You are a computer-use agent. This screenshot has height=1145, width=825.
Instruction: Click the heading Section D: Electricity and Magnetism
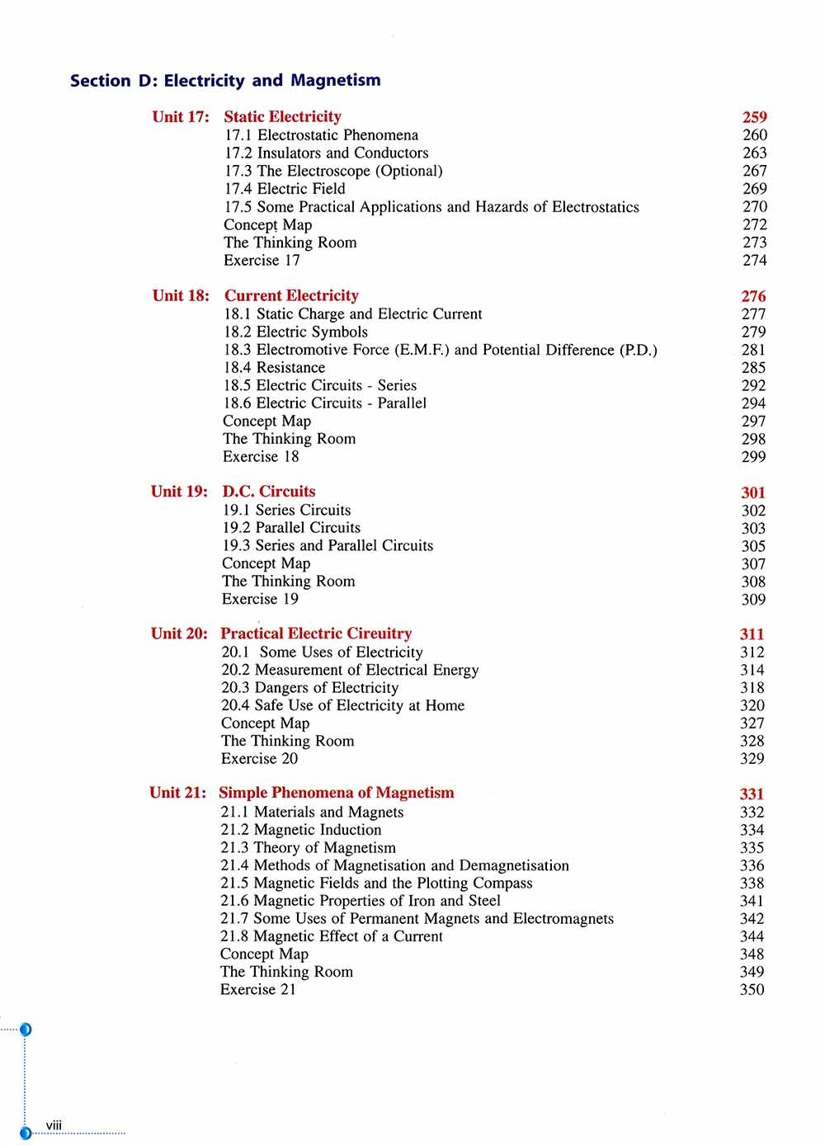pos(225,81)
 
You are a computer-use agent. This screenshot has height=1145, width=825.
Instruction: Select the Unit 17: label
pos(181,116)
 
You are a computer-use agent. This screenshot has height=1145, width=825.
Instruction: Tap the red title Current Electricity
pos(291,295)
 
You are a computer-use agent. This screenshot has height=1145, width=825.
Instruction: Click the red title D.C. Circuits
pos(269,492)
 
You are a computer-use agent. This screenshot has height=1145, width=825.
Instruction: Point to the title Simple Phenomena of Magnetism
pos(337,793)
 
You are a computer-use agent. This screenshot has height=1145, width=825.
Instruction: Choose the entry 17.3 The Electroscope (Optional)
pos(333,171)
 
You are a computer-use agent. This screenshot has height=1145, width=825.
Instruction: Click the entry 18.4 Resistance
pos(274,368)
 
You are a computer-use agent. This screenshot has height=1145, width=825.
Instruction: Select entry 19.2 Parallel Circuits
pos(291,528)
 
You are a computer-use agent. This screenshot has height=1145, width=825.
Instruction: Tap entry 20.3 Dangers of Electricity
pos(309,688)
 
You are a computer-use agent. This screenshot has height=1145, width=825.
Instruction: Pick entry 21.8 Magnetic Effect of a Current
pos(331,936)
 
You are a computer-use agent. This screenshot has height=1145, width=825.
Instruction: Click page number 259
pos(754,117)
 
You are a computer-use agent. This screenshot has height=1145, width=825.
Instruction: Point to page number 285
pos(753,368)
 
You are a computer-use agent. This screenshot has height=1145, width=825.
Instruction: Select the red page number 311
pos(752,634)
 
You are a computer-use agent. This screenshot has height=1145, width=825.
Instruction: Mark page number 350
pos(752,990)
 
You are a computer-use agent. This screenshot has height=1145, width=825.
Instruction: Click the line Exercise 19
pos(260,600)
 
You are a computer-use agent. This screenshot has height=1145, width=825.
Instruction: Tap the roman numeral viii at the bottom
pos(54,1125)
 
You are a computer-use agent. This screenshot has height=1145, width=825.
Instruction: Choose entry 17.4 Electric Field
pos(285,189)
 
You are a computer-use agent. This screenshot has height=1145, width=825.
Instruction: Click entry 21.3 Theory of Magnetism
pos(308,848)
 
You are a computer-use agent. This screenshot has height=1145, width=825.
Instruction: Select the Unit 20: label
pos(179,634)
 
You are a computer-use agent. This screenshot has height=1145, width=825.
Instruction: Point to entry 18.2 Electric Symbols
pos(295,332)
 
